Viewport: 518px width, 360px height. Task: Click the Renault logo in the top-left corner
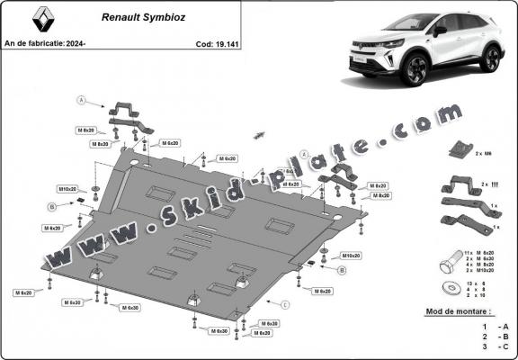[25, 19]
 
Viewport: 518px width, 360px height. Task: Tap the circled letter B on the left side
[52, 206]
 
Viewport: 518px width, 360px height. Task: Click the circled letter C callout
[285, 305]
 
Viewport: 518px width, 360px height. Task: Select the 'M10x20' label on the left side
[67, 189]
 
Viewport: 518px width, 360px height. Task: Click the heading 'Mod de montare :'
[457, 311]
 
